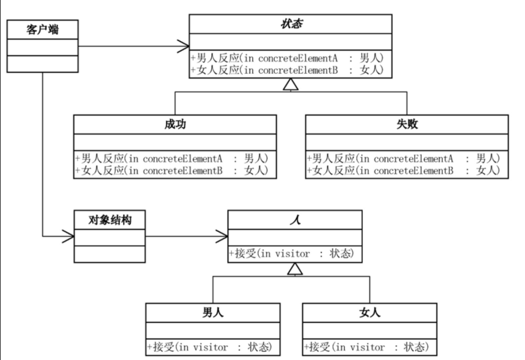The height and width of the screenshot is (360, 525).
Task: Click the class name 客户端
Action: pyautogui.click(x=43, y=29)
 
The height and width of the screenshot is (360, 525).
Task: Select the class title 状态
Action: pyautogui.click(x=291, y=24)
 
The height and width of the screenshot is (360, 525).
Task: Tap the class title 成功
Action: pyautogui.click(x=175, y=124)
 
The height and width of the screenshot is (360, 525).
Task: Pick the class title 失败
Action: pyautogui.click(x=407, y=124)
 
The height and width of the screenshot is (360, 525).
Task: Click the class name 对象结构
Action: pyautogui.click(x=110, y=220)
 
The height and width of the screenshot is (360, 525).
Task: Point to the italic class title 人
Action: pyautogui.click(x=295, y=220)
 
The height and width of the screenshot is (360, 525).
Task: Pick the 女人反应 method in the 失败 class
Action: pyautogui.click(x=407, y=171)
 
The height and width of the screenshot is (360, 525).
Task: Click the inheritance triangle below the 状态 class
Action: pyautogui.click(x=291, y=85)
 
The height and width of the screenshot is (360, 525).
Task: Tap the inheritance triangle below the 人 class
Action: pyautogui.click(x=295, y=268)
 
